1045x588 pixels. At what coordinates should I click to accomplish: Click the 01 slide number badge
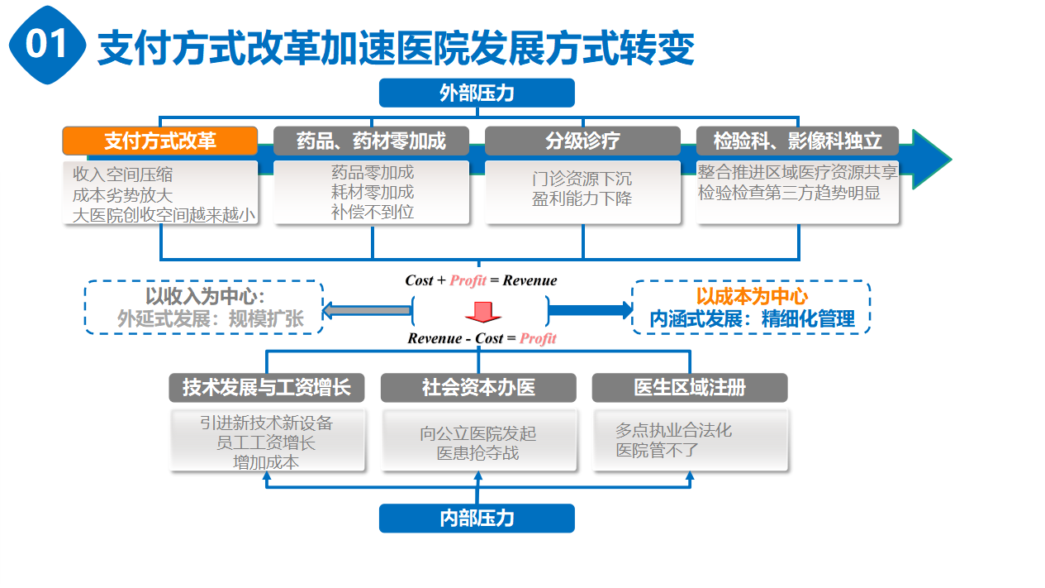pyautogui.click(x=47, y=45)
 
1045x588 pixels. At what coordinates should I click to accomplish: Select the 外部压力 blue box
pyautogui.click(x=477, y=93)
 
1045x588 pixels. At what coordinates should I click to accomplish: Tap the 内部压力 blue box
pyautogui.click(x=477, y=519)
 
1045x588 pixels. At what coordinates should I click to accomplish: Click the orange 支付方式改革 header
pyautogui.click(x=160, y=141)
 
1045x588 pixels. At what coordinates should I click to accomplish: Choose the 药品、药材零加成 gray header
pyautogui.click(x=371, y=141)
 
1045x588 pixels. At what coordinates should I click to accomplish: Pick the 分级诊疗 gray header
pyautogui.click(x=582, y=141)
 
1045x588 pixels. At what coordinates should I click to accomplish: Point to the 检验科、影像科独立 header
pyautogui.click(x=798, y=141)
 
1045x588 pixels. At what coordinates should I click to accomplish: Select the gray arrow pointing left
pyautogui.click(x=367, y=310)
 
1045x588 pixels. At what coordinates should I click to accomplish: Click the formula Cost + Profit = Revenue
pyautogui.click(x=481, y=280)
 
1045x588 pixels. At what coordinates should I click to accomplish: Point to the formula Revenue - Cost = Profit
pyautogui.click(x=482, y=338)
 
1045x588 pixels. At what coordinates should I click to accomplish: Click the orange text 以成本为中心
pyautogui.click(x=751, y=297)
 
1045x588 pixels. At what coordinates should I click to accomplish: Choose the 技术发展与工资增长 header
pyautogui.click(x=267, y=387)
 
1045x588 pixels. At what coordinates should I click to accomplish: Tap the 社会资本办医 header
pyautogui.click(x=478, y=387)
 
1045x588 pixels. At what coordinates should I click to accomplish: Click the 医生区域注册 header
pyautogui.click(x=690, y=387)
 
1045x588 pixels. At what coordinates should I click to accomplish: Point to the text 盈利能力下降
pyautogui.click(x=582, y=199)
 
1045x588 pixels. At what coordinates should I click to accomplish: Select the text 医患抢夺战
pyautogui.click(x=478, y=453)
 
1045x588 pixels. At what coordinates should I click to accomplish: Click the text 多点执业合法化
pyautogui.click(x=673, y=431)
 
